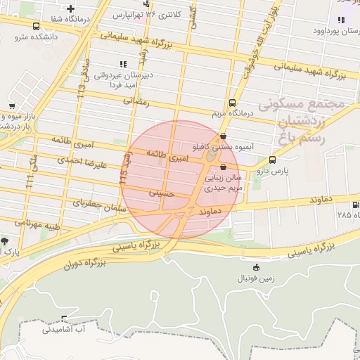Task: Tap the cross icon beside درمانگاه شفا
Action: click(x=70, y=9)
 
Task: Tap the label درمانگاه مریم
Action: click(x=231, y=112)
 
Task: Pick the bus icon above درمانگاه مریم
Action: click(x=233, y=103)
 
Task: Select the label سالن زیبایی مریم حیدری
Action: click(x=224, y=183)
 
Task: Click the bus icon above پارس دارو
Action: click(x=272, y=160)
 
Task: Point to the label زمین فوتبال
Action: click(x=255, y=278)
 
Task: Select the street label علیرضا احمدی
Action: click(x=83, y=162)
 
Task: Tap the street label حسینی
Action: click(x=160, y=192)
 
